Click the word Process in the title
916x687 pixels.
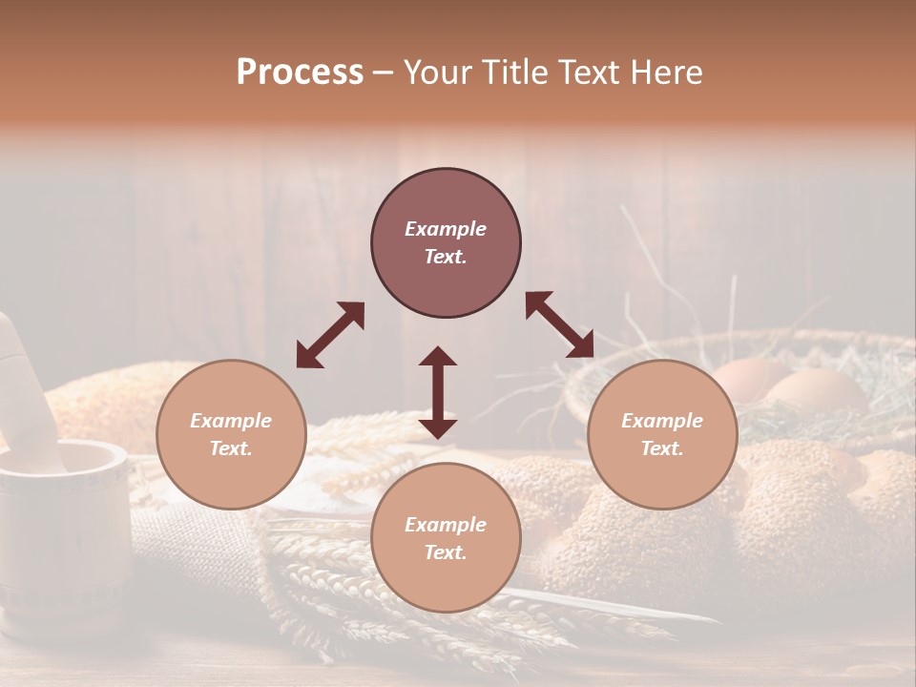pyautogui.click(x=300, y=73)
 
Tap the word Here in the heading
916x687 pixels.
pyautogui.click(x=663, y=73)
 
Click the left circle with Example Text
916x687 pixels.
pyautogui.click(x=231, y=434)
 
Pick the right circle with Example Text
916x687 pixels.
pyautogui.click(x=662, y=434)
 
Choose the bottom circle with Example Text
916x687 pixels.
pyautogui.click(x=446, y=538)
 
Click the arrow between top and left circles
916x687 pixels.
pyautogui.click(x=330, y=335)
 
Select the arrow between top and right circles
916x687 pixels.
pyautogui.click(x=559, y=325)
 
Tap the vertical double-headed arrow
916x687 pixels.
pyautogui.click(x=438, y=392)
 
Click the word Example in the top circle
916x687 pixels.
pyautogui.click(x=446, y=229)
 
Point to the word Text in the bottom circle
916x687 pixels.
pyautogui.click(x=444, y=552)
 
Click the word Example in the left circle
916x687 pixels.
pyautogui.click(x=231, y=421)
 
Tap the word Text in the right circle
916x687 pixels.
pyautogui.click(x=660, y=448)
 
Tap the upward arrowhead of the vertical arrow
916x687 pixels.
pyautogui.click(x=438, y=356)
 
